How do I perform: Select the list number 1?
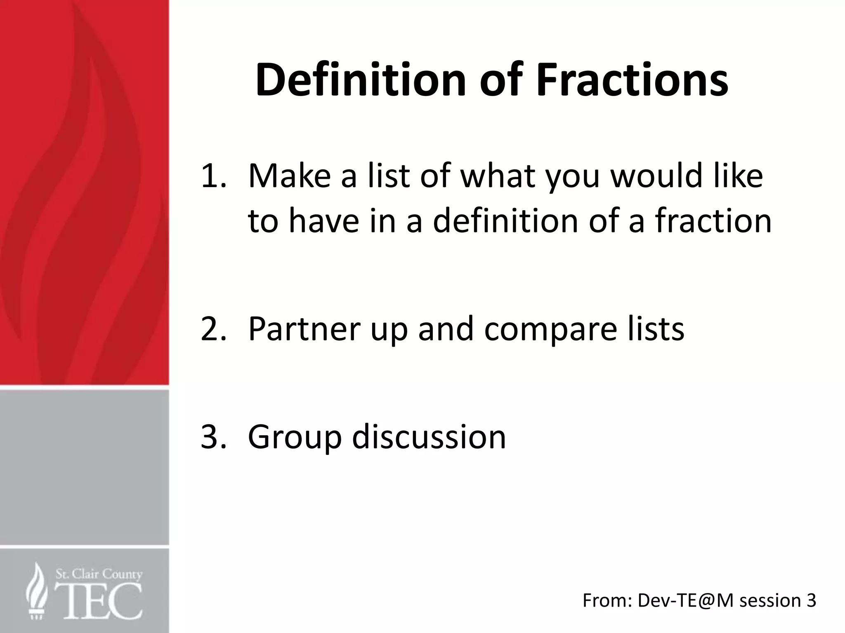[x=213, y=176]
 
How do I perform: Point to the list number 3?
[x=213, y=436]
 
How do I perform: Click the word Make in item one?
[x=289, y=176]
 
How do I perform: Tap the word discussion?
[x=429, y=436]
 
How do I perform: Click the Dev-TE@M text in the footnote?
[x=685, y=600]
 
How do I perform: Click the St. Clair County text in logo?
[x=99, y=574]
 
